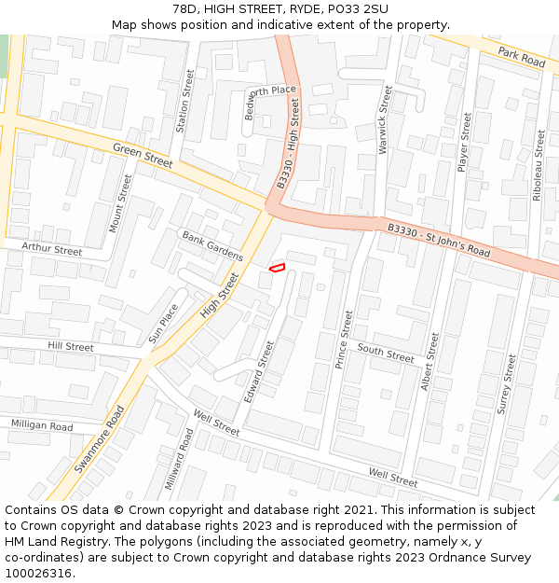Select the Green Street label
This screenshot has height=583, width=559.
point(143,156)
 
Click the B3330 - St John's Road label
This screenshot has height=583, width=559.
point(438,240)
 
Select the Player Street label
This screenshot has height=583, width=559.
point(464,142)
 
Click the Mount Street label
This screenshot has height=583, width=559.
point(120,202)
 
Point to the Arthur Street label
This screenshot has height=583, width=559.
point(52,250)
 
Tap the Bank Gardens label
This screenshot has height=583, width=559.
point(212,245)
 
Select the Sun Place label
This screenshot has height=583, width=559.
point(163,323)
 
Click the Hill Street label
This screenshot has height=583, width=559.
point(71,347)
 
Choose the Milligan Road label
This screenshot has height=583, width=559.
point(42,426)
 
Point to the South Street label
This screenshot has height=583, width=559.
point(386,354)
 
